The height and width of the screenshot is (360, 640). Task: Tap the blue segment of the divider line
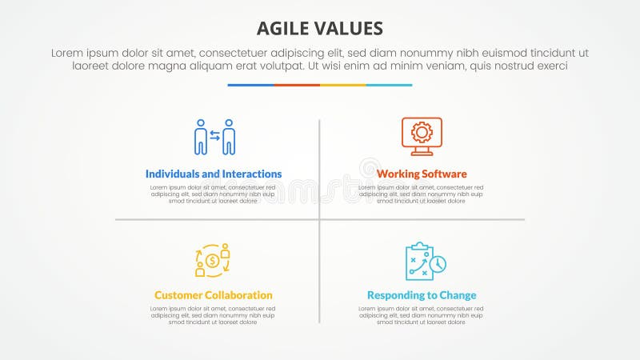point(250,85)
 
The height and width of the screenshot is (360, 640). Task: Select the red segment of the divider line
point(297,85)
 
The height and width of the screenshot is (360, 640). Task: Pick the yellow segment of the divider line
point(343,85)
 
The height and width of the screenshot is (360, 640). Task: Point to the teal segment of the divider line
point(390,85)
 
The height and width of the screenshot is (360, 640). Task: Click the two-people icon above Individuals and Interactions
point(214,137)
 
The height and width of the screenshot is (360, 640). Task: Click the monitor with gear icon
point(422,136)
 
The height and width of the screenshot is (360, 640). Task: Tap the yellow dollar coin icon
point(213,261)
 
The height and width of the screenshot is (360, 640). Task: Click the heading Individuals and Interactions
point(214,174)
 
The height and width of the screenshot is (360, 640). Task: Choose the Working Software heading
point(422,174)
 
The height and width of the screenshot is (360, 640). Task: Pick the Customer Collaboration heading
point(214,295)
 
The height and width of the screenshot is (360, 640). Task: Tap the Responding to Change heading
point(422,295)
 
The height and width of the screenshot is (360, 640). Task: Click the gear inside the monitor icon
point(422,131)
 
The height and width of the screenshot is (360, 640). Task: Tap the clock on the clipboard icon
point(438,264)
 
